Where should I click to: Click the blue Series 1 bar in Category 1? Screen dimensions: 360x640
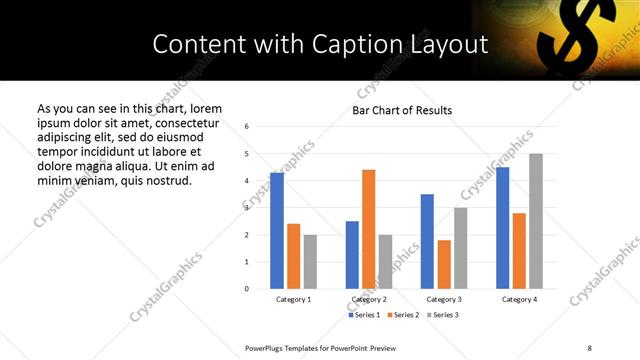277,231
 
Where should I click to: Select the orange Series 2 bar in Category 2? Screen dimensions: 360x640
368,229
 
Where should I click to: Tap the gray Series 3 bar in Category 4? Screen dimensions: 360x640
536,221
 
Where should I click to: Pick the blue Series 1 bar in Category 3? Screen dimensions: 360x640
427,241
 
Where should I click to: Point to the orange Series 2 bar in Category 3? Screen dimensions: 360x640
444,264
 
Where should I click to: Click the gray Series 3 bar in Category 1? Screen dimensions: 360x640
310,262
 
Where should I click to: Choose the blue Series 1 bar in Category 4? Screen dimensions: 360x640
503,228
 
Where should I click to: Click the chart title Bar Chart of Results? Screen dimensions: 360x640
402,110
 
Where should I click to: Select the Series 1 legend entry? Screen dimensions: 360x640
365,315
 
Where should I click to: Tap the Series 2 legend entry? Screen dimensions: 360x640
403,315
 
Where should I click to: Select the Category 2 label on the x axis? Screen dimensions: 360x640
369,299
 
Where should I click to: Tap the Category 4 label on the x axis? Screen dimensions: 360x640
520,299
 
